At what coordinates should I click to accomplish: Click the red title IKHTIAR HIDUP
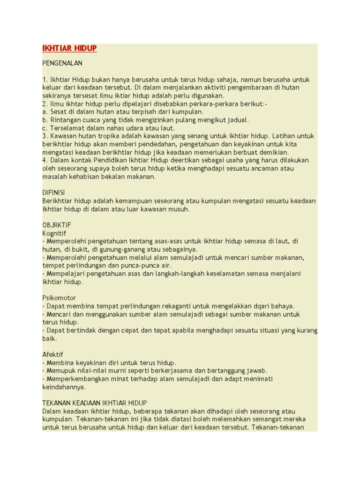click(x=69, y=49)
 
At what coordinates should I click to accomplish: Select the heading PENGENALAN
click(x=62, y=62)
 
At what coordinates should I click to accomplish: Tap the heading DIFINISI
click(x=53, y=193)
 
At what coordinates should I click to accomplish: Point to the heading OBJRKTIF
click(x=57, y=225)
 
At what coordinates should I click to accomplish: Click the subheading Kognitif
click(x=54, y=233)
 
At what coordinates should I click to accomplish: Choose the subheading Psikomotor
click(x=59, y=298)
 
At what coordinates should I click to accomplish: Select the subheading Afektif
click(x=52, y=355)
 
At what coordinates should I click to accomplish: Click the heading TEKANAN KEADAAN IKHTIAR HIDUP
click(x=95, y=403)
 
